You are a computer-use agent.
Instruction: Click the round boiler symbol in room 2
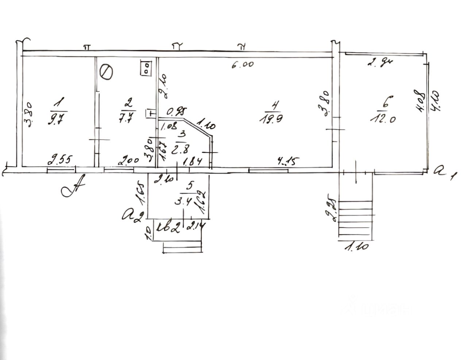click(x=106, y=71)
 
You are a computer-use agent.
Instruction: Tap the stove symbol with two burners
click(x=146, y=68)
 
